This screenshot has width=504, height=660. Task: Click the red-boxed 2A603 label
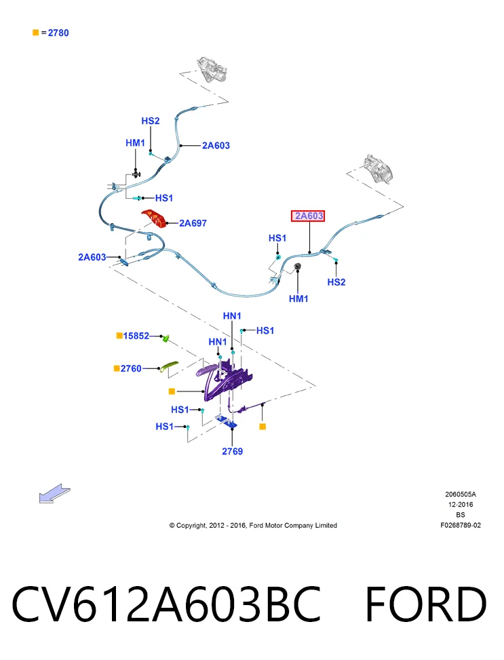(308, 216)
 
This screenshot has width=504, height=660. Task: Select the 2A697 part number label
(193, 223)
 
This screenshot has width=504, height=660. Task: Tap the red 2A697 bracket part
(154, 218)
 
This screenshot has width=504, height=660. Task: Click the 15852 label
(136, 336)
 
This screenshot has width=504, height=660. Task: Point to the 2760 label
(131, 369)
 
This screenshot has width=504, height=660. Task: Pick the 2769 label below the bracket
(233, 451)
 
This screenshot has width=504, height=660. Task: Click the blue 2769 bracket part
(226, 421)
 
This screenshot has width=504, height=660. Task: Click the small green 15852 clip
(166, 338)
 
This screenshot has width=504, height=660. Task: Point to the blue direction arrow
(54, 493)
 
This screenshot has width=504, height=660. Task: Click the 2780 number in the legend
(58, 33)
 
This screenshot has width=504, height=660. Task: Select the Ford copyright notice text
(253, 525)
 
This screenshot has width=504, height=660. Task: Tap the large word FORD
(426, 604)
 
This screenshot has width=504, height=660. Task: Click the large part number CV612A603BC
(167, 604)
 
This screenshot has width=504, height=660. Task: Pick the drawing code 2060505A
(461, 494)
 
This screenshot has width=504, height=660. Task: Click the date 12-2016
(461, 504)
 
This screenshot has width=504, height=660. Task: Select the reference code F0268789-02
(461, 525)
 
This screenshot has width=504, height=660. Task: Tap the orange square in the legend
(36, 33)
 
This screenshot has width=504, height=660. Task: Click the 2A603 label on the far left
(92, 257)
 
